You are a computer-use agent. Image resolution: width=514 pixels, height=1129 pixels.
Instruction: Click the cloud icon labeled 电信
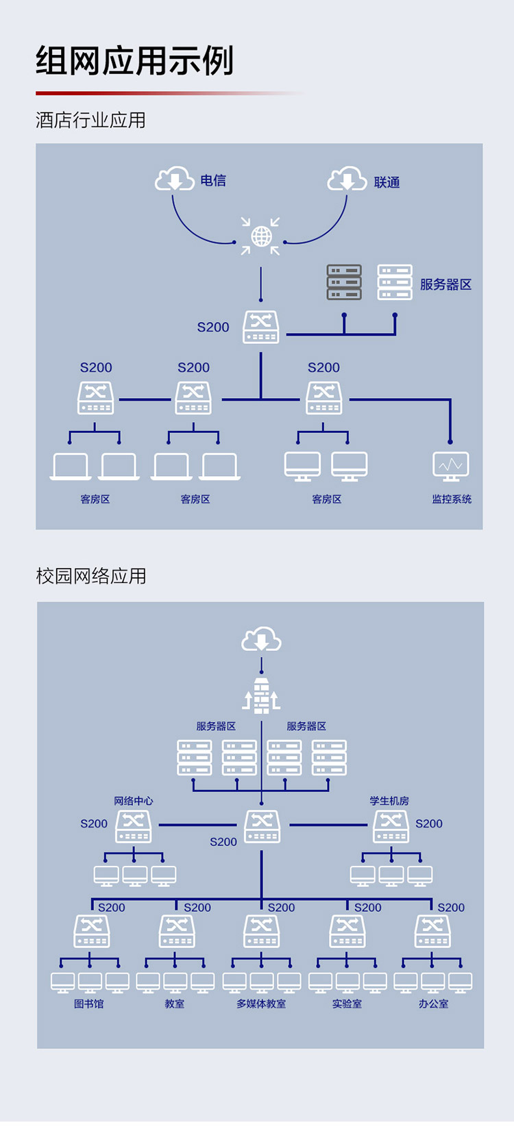point(174,178)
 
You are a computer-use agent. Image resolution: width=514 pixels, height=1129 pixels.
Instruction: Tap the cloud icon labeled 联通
point(347,178)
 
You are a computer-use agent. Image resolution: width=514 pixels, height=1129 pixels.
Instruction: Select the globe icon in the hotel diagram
point(261,236)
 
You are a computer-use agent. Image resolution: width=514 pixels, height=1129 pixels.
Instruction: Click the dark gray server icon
point(344,282)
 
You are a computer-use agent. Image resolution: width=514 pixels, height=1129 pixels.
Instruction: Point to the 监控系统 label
point(452,499)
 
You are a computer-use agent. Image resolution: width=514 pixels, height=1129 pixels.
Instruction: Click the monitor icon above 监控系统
point(450,467)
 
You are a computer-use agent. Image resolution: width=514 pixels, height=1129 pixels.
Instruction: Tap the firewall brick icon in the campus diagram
point(261,695)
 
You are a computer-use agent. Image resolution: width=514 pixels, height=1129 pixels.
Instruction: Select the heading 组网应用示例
point(135,61)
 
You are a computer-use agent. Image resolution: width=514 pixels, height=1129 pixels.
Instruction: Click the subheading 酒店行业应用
point(90,120)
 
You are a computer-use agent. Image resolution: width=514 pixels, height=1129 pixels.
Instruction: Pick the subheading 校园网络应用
point(91,575)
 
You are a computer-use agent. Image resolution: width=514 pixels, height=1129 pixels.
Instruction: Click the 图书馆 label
point(89,1004)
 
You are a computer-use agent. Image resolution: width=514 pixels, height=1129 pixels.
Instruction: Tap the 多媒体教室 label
point(261,1004)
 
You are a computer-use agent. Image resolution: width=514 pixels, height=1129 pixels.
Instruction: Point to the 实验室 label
point(347,1004)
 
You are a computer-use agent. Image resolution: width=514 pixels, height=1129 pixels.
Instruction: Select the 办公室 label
point(433,1004)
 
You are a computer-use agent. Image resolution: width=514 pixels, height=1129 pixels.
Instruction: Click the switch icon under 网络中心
point(133,827)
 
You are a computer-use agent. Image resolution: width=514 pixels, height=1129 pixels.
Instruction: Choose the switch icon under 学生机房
point(391,827)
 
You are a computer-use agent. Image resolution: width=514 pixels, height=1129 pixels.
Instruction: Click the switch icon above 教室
point(177,932)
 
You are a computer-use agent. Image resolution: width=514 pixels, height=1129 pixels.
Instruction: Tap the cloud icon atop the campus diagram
point(261,638)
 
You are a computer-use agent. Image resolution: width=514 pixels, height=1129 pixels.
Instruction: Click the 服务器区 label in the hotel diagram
point(446,284)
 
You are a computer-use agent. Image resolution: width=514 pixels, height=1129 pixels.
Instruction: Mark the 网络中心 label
point(133,800)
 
